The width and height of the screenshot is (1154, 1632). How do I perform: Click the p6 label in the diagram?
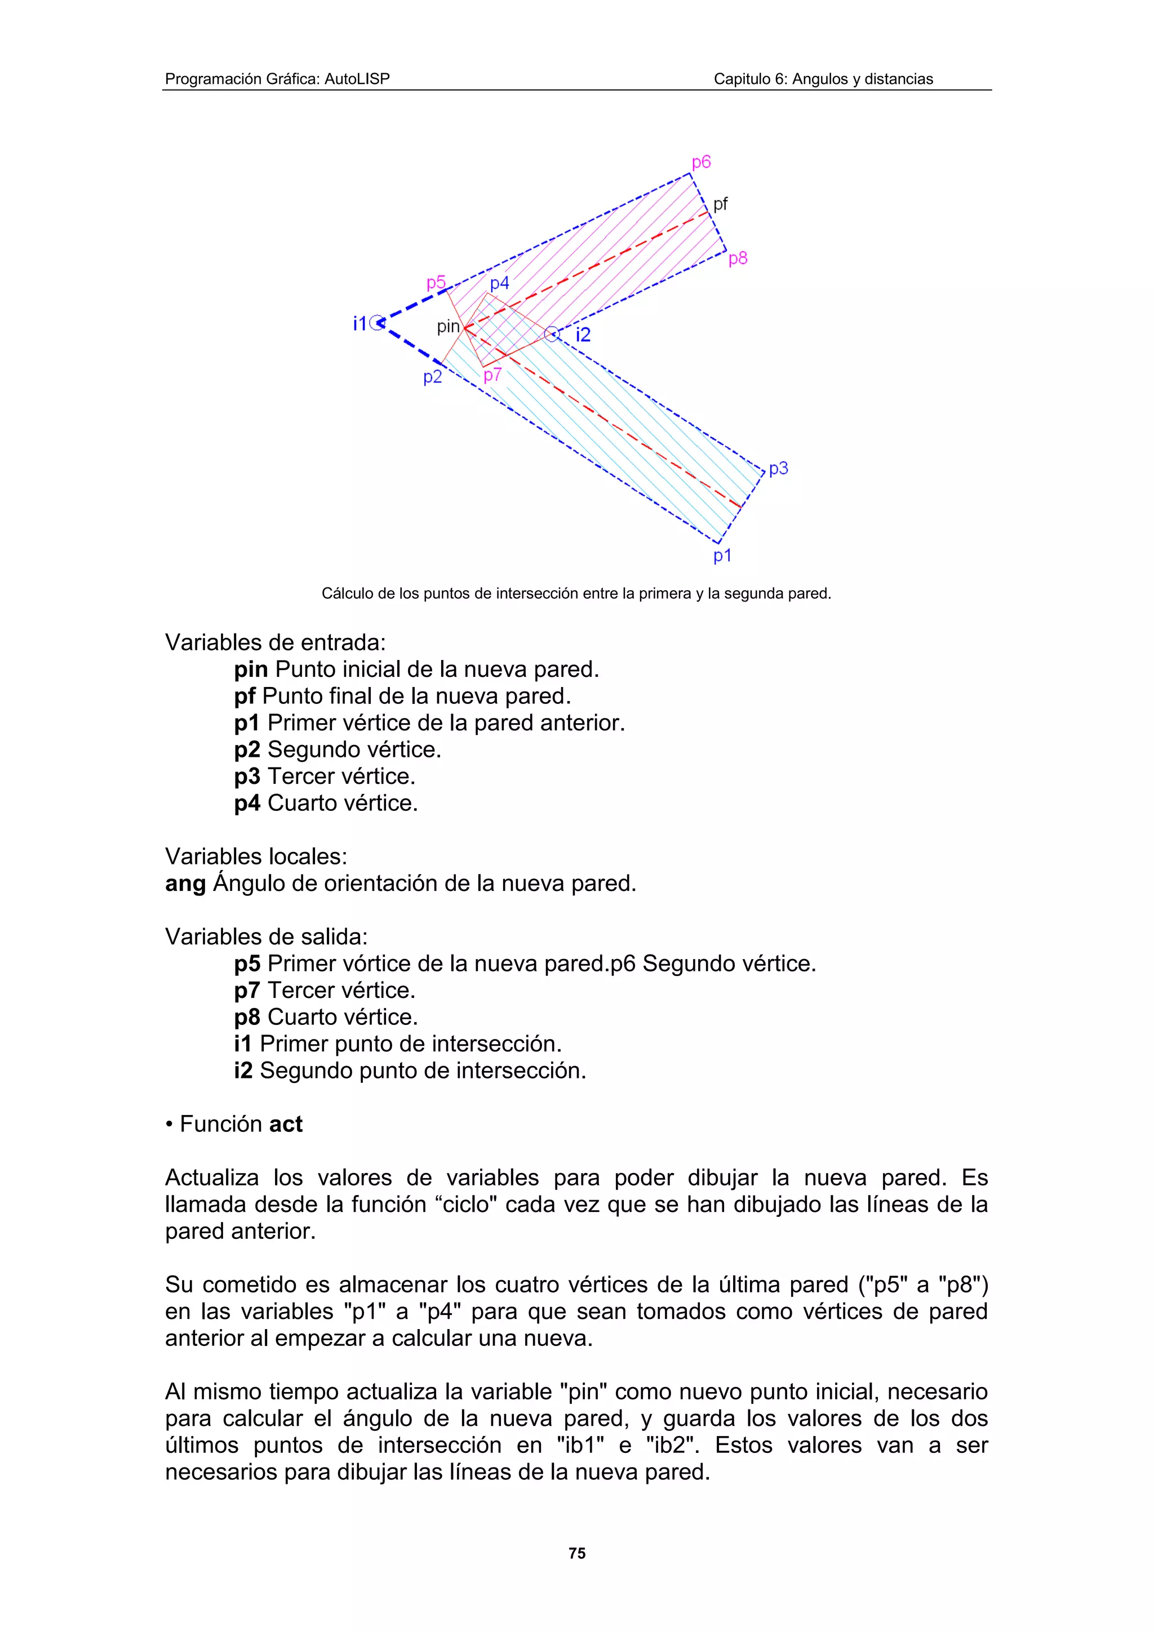(x=700, y=162)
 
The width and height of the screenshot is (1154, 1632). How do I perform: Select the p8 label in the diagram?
(x=738, y=258)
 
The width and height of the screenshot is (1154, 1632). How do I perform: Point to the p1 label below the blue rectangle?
(x=722, y=555)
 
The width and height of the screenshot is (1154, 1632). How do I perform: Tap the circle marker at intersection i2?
(x=552, y=333)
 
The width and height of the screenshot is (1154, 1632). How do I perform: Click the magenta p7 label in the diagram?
(x=492, y=375)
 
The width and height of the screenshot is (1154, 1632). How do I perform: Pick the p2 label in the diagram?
(x=432, y=377)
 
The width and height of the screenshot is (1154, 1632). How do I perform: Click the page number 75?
(x=576, y=1553)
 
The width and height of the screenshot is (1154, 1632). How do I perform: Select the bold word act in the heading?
(x=286, y=1125)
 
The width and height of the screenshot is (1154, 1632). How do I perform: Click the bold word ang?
(x=185, y=884)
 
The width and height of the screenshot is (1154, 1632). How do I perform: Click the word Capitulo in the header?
(x=739, y=79)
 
